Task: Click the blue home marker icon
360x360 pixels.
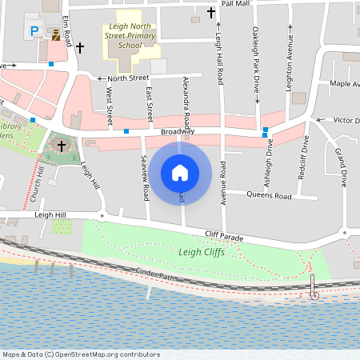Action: point(180,172)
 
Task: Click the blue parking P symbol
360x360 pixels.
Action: point(35,30)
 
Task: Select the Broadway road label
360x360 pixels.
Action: point(178,132)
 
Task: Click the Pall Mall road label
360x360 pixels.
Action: point(235,4)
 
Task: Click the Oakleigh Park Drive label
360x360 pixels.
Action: point(257,56)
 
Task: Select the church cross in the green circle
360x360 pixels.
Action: point(62,146)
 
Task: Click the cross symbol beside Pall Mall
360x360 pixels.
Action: point(211,13)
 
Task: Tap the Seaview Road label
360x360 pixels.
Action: point(146,173)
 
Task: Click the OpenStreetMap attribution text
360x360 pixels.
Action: point(81,354)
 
